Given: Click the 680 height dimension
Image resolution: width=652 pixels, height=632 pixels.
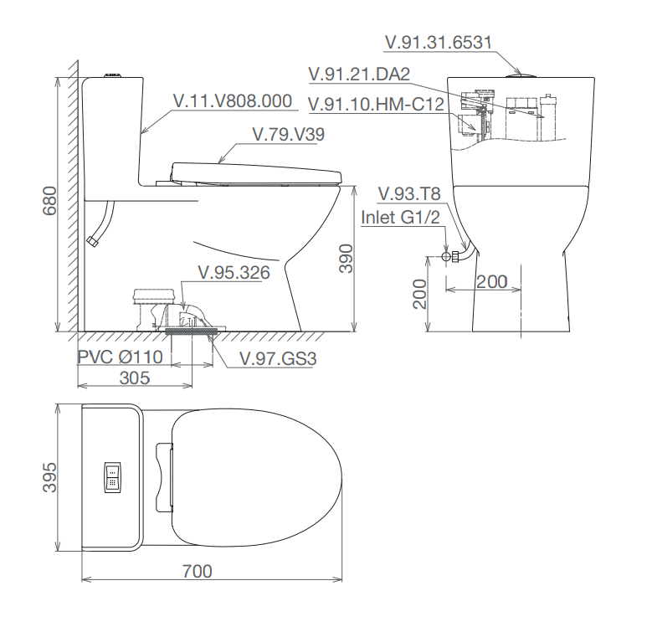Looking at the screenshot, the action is (49, 201).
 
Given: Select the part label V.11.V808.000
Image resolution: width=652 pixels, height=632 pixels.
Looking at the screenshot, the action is (233, 101).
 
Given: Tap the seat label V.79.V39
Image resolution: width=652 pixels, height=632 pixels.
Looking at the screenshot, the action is (289, 134).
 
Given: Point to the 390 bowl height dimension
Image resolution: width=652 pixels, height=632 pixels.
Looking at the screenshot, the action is (346, 258).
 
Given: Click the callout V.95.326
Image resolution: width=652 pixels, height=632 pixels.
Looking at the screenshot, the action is (234, 273).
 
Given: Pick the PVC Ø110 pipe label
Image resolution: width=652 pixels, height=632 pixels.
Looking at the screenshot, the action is (121, 357).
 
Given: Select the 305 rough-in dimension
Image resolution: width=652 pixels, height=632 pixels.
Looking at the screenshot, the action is (134, 378).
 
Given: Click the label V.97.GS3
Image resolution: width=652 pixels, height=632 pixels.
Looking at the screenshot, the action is (278, 359).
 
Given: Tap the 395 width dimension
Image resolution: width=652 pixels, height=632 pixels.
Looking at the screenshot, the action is (49, 477).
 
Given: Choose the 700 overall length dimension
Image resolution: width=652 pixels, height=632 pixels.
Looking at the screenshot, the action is (197, 571).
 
